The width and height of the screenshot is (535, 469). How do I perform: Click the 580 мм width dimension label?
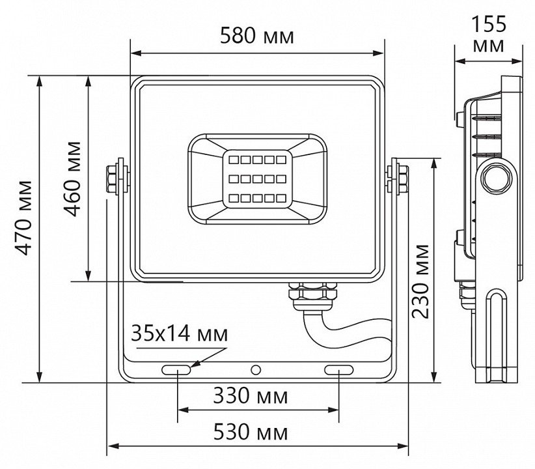(x=256, y=36)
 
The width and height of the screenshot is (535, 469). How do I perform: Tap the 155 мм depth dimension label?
(x=489, y=34)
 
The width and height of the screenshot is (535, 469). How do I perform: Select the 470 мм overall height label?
(x=25, y=218)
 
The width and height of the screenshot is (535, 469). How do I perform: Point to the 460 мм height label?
(x=74, y=178)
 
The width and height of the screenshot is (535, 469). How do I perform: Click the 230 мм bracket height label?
(x=420, y=281)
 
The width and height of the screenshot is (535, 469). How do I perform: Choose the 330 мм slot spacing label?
(x=251, y=396)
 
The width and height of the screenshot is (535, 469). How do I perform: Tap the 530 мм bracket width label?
(x=251, y=432)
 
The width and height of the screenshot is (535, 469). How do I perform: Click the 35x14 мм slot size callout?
(x=179, y=334)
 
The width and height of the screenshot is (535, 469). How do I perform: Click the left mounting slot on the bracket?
(x=176, y=369)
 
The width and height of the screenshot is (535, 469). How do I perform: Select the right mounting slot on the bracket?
(x=339, y=369)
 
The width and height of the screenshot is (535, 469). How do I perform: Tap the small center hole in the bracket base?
(x=256, y=369)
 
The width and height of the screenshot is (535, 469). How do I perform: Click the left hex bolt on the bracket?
(x=112, y=179)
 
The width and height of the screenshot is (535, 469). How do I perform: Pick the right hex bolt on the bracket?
(x=404, y=179)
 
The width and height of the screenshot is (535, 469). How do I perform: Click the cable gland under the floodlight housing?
(x=312, y=296)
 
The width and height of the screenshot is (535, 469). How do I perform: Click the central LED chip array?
(x=257, y=179)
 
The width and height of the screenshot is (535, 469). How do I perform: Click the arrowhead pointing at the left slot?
(x=196, y=363)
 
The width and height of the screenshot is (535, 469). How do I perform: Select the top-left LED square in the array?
(x=234, y=160)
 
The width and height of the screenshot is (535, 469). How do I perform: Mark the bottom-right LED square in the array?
(x=281, y=198)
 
